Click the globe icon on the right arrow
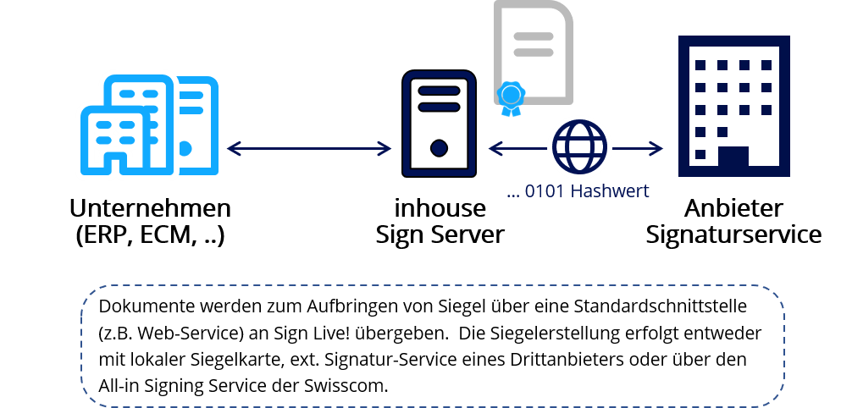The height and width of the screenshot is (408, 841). click(x=578, y=146)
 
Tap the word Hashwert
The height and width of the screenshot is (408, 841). click(x=610, y=191)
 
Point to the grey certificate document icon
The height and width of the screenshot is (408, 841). click(x=534, y=51)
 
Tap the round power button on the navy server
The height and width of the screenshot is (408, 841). click(x=439, y=149)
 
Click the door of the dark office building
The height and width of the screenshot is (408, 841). click(x=733, y=160)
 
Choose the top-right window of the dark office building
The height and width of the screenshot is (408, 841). click(x=766, y=65)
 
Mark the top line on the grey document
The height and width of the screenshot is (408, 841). click(x=534, y=37)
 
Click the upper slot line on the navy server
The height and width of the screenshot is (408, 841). click(x=439, y=91)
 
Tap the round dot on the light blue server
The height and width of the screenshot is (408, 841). click(x=185, y=149)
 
